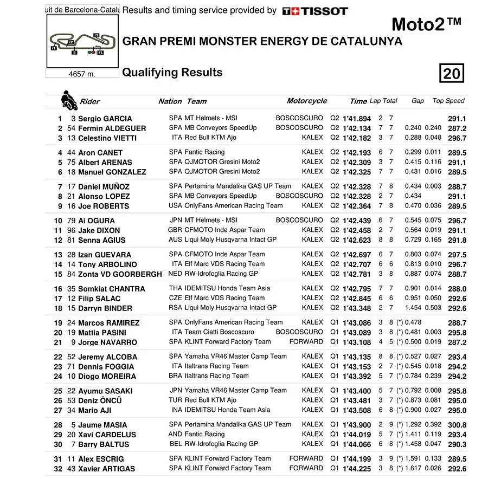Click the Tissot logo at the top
(x=315, y=11)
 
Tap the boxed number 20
(x=451, y=73)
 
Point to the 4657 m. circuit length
(x=82, y=74)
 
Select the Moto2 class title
(x=426, y=24)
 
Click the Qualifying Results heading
(x=172, y=73)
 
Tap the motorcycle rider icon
(x=69, y=100)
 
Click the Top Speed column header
(x=448, y=101)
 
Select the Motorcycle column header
(x=307, y=101)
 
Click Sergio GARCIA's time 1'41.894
(x=356, y=119)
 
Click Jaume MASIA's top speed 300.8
(x=457, y=425)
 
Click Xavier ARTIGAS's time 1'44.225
(x=356, y=469)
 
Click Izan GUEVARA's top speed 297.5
(x=457, y=255)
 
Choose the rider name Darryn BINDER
(x=105, y=308)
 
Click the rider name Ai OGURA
(x=97, y=221)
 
